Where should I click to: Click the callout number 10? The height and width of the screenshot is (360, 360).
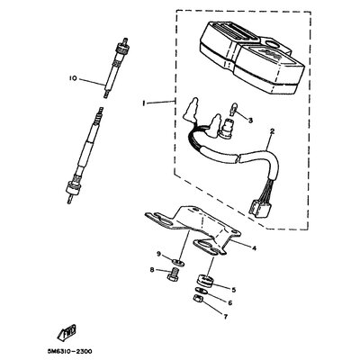tap(73, 78)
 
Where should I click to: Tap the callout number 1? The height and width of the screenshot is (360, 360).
tap(144, 103)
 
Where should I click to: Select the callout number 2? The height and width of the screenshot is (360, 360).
tap(272, 131)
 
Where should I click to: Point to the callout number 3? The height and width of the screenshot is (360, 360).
tap(250, 121)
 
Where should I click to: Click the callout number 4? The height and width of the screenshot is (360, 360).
tap(254, 248)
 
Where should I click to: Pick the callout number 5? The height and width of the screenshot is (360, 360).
tap(234, 290)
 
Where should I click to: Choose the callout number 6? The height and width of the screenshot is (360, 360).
tap(230, 303)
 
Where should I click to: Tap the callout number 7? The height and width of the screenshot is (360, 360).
tap(226, 317)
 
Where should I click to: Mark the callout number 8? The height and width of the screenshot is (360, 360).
tap(152, 270)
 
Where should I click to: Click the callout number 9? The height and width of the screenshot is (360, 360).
tap(158, 255)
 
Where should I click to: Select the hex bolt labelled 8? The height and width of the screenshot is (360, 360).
tap(173, 274)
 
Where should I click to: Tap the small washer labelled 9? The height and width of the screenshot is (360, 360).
tap(179, 263)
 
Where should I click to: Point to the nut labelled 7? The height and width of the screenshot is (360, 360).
tap(198, 299)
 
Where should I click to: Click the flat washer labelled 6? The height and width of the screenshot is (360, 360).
tap(199, 291)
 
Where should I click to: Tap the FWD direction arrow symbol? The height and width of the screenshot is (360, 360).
tap(67, 332)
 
